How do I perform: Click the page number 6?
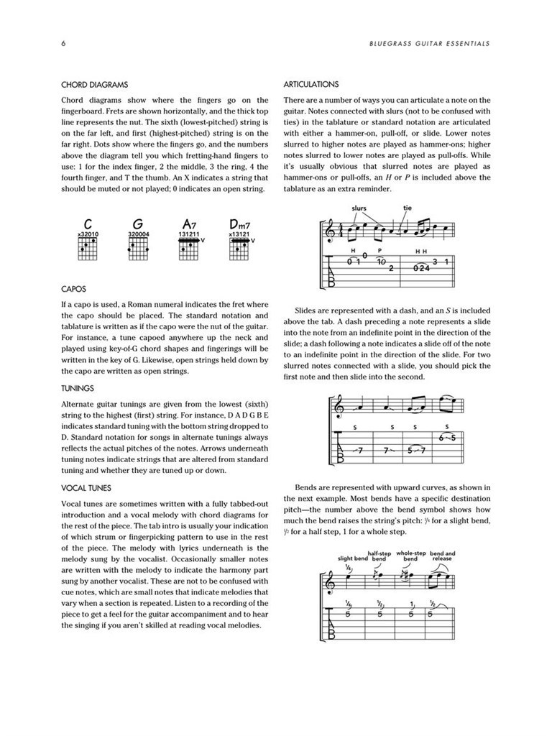[64, 43]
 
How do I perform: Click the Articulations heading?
[311, 84]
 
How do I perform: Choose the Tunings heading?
[78, 388]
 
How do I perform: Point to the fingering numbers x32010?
[87, 234]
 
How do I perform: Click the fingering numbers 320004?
[138, 234]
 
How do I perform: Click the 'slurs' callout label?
[359, 208]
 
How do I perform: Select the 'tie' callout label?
[408, 208]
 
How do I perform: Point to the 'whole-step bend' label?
[410, 556]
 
